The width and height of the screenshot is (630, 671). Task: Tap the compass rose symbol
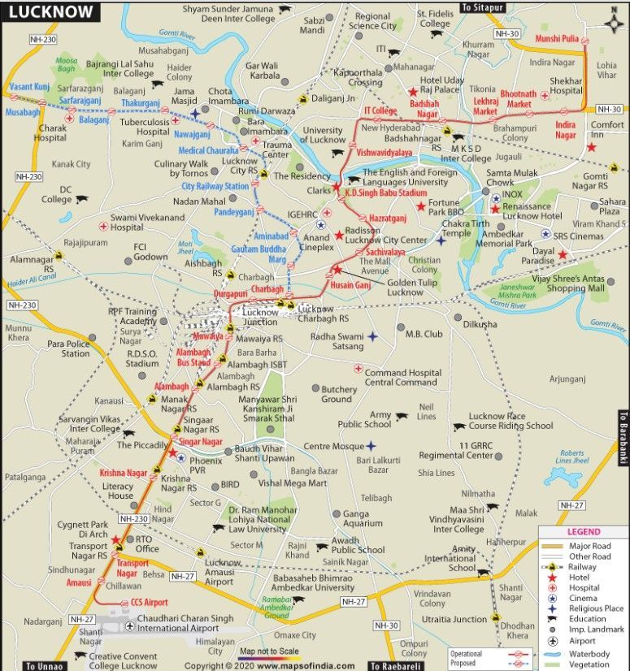click(x=615, y=22)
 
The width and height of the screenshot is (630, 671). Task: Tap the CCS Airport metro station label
click(x=149, y=603)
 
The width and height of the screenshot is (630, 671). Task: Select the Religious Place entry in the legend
click(x=597, y=608)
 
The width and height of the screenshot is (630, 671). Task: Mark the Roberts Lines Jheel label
click(x=572, y=457)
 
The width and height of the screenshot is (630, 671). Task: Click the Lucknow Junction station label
click(x=260, y=316)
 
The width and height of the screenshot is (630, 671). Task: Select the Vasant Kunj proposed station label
click(x=30, y=85)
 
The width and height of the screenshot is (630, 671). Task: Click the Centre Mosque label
click(x=334, y=446)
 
